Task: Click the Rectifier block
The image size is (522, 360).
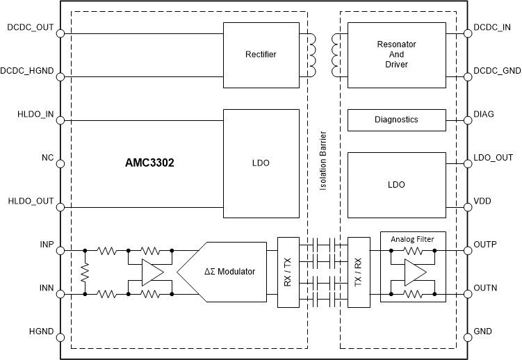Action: (x=261, y=54)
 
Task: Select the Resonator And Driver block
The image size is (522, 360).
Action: (x=395, y=54)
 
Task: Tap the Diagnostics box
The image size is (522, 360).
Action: (x=395, y=120)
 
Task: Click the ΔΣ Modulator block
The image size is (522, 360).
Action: (x=229, y=272)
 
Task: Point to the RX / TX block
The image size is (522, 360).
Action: (x=288, y=272)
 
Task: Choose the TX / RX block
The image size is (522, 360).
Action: (x=359, y=272)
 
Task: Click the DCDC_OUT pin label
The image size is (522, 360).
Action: (x=30, y=28)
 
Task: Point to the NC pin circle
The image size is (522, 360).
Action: (x=60, y=164)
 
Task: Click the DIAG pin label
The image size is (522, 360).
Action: (x=485, y=115)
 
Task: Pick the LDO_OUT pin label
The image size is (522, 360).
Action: (x=493, y=158)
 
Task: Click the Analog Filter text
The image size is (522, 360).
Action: (x=413, y=239)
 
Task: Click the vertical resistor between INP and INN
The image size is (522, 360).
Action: (x=85, y=272)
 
